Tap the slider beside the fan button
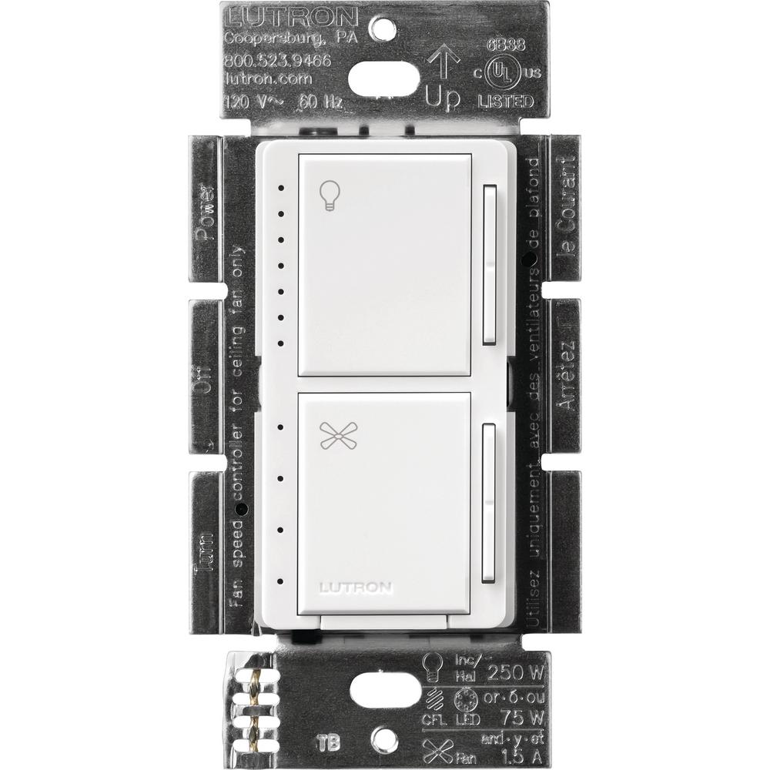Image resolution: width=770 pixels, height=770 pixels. [490, 504]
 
